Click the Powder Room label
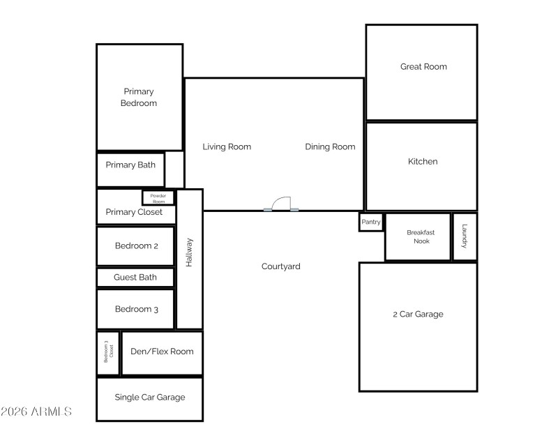pyautogui.click(x=158, y=198)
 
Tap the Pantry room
pyautogui.click(x=371, y=222)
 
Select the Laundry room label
pyautogui.click(x=464, y=237)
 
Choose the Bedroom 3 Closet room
pyautogui.click(x=108, y=353)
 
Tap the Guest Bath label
pyautogui.click(x=135, y=277)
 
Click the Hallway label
pyautogui.click(x=189, y=252)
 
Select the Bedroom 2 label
pyautogui.click(x=137, y=245)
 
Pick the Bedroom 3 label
pyautogui.click(x=137, y=309)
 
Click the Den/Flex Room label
pyautogui.click(x=162, y=351)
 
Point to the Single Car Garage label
pyautogui.click(x=150, y=397)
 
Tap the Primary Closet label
pyautogui.click(x=134, y=212)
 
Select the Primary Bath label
pyautogui.click(x=130, y=165)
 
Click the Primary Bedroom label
pyautogui.click(x=139, y=97)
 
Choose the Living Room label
pyautogui.click(x=227, y=146)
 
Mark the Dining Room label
pyautogui.click(x=330, y=146)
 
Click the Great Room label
pyautogui.click(x=423, y=67)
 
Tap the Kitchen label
pyautogui.click(x=423, y=161)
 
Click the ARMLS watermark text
pyautogui.click(x=36, y=411)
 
